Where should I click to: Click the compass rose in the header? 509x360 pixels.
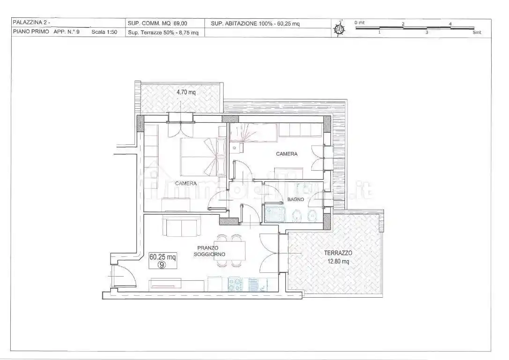339,29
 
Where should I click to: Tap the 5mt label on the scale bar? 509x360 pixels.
477,32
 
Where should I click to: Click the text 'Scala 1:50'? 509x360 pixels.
104,32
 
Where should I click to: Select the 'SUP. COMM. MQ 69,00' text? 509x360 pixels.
157,23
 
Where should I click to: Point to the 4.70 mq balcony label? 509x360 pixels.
186,92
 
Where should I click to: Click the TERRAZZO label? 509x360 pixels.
338,253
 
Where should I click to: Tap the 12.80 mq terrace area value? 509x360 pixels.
338,261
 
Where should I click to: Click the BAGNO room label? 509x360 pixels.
295,199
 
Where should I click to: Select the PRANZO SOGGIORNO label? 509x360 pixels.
210,251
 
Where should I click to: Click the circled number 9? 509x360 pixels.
161,265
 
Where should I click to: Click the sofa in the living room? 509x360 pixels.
182,227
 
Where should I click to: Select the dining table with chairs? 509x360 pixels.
231,251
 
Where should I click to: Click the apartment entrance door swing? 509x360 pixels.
123,276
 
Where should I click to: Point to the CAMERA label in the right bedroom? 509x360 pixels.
287,154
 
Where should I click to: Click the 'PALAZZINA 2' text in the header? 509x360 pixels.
31,22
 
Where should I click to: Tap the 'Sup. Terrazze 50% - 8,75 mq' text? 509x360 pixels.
163,32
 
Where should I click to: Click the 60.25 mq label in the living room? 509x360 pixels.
162,257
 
